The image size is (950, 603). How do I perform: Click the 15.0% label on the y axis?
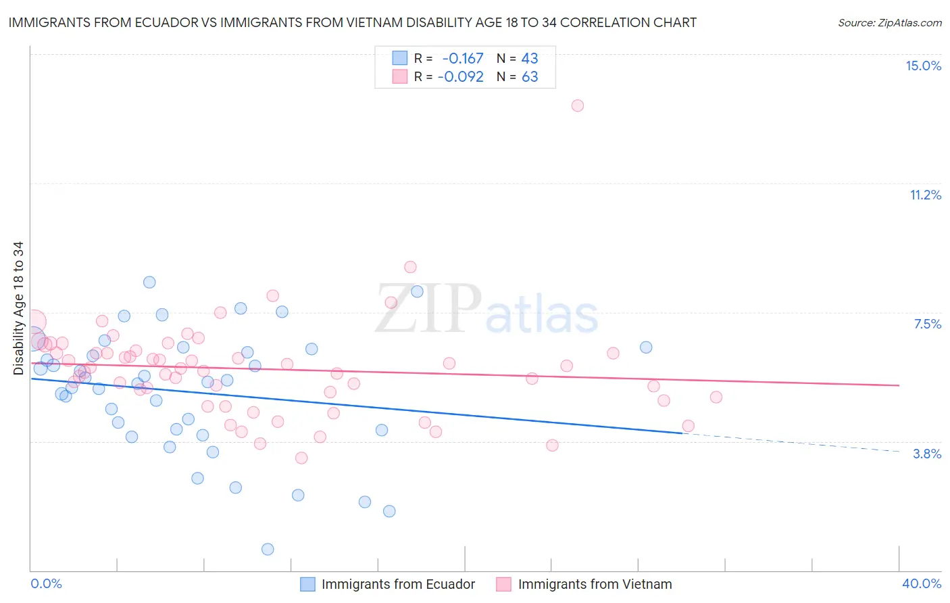click(923, 66)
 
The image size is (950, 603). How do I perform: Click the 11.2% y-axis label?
click(925, 195)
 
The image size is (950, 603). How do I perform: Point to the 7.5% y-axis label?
click(927, 324)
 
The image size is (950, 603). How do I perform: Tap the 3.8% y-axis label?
click(927, 454)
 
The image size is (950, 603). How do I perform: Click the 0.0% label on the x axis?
click(46, 583)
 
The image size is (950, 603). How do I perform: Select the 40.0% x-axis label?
click(922, 583)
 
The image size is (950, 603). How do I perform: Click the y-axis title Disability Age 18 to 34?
click(18, 308)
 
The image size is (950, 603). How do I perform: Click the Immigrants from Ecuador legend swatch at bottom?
click(308, 584)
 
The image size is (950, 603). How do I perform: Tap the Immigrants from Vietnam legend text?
click(595, 584)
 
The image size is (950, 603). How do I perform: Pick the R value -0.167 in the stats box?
click(463, 59)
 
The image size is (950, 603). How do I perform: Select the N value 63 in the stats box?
click(530, 77)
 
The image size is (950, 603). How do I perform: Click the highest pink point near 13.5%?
click(577, 105)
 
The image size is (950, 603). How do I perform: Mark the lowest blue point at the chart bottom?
click(268, 549)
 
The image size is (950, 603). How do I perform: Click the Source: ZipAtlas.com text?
click(889, 23)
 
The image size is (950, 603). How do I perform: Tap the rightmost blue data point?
click(646, 347)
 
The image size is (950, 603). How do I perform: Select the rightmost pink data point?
click(716, 397)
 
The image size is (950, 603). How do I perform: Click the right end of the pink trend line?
click(899, 385)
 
